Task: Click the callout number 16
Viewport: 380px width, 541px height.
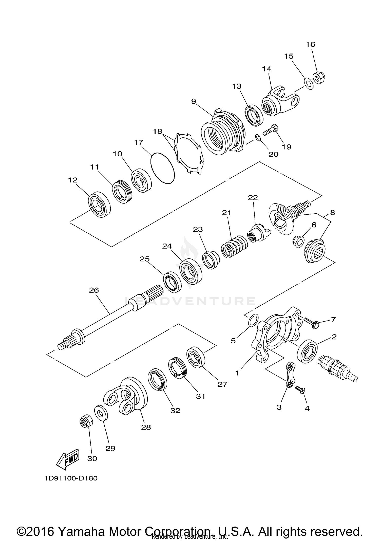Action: [310, 44]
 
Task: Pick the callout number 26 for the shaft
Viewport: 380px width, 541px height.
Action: [94, 290]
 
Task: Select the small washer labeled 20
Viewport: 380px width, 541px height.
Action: [258, 138]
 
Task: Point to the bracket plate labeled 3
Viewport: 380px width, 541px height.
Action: [290, 375]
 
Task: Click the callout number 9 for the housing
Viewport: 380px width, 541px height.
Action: [194, 101]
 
